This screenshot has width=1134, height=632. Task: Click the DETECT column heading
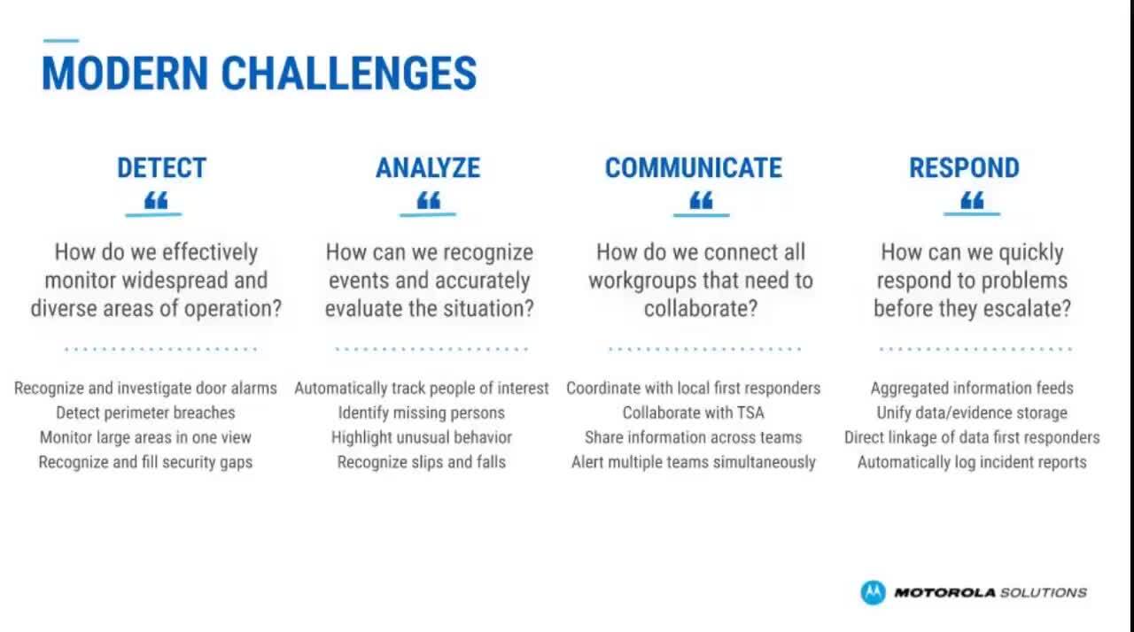(x=161, y=168)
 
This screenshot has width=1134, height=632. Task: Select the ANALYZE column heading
(x=428, y=168)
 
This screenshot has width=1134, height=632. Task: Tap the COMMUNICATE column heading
(x=694, y=168)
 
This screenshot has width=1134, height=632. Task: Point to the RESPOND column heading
(x=965, y=168)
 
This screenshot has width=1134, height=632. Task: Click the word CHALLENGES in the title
(x=349, y=73)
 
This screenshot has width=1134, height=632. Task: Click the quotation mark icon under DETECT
(x=156, y=200)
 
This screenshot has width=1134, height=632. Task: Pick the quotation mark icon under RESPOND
(x=972, y=200)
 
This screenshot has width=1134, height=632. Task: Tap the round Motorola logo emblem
(x=874, y=592)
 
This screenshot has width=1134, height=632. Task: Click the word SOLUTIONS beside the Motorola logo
(x=1044, y=592)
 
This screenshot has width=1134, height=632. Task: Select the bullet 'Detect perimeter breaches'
(x=145, y=412)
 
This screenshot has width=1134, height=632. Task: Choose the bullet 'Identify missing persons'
(x=421, y=412)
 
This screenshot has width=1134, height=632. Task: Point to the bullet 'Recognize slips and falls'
(x=421, y=462)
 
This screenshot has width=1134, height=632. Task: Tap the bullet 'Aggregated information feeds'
(x=972, y=388)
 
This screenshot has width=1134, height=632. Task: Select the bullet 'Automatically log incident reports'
(x=972, y=462)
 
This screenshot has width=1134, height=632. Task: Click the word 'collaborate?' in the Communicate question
(x=701, y=308)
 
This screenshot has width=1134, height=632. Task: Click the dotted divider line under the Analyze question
(x=431, y=349)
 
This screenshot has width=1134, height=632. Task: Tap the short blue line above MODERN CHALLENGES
(x=61, y=41)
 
